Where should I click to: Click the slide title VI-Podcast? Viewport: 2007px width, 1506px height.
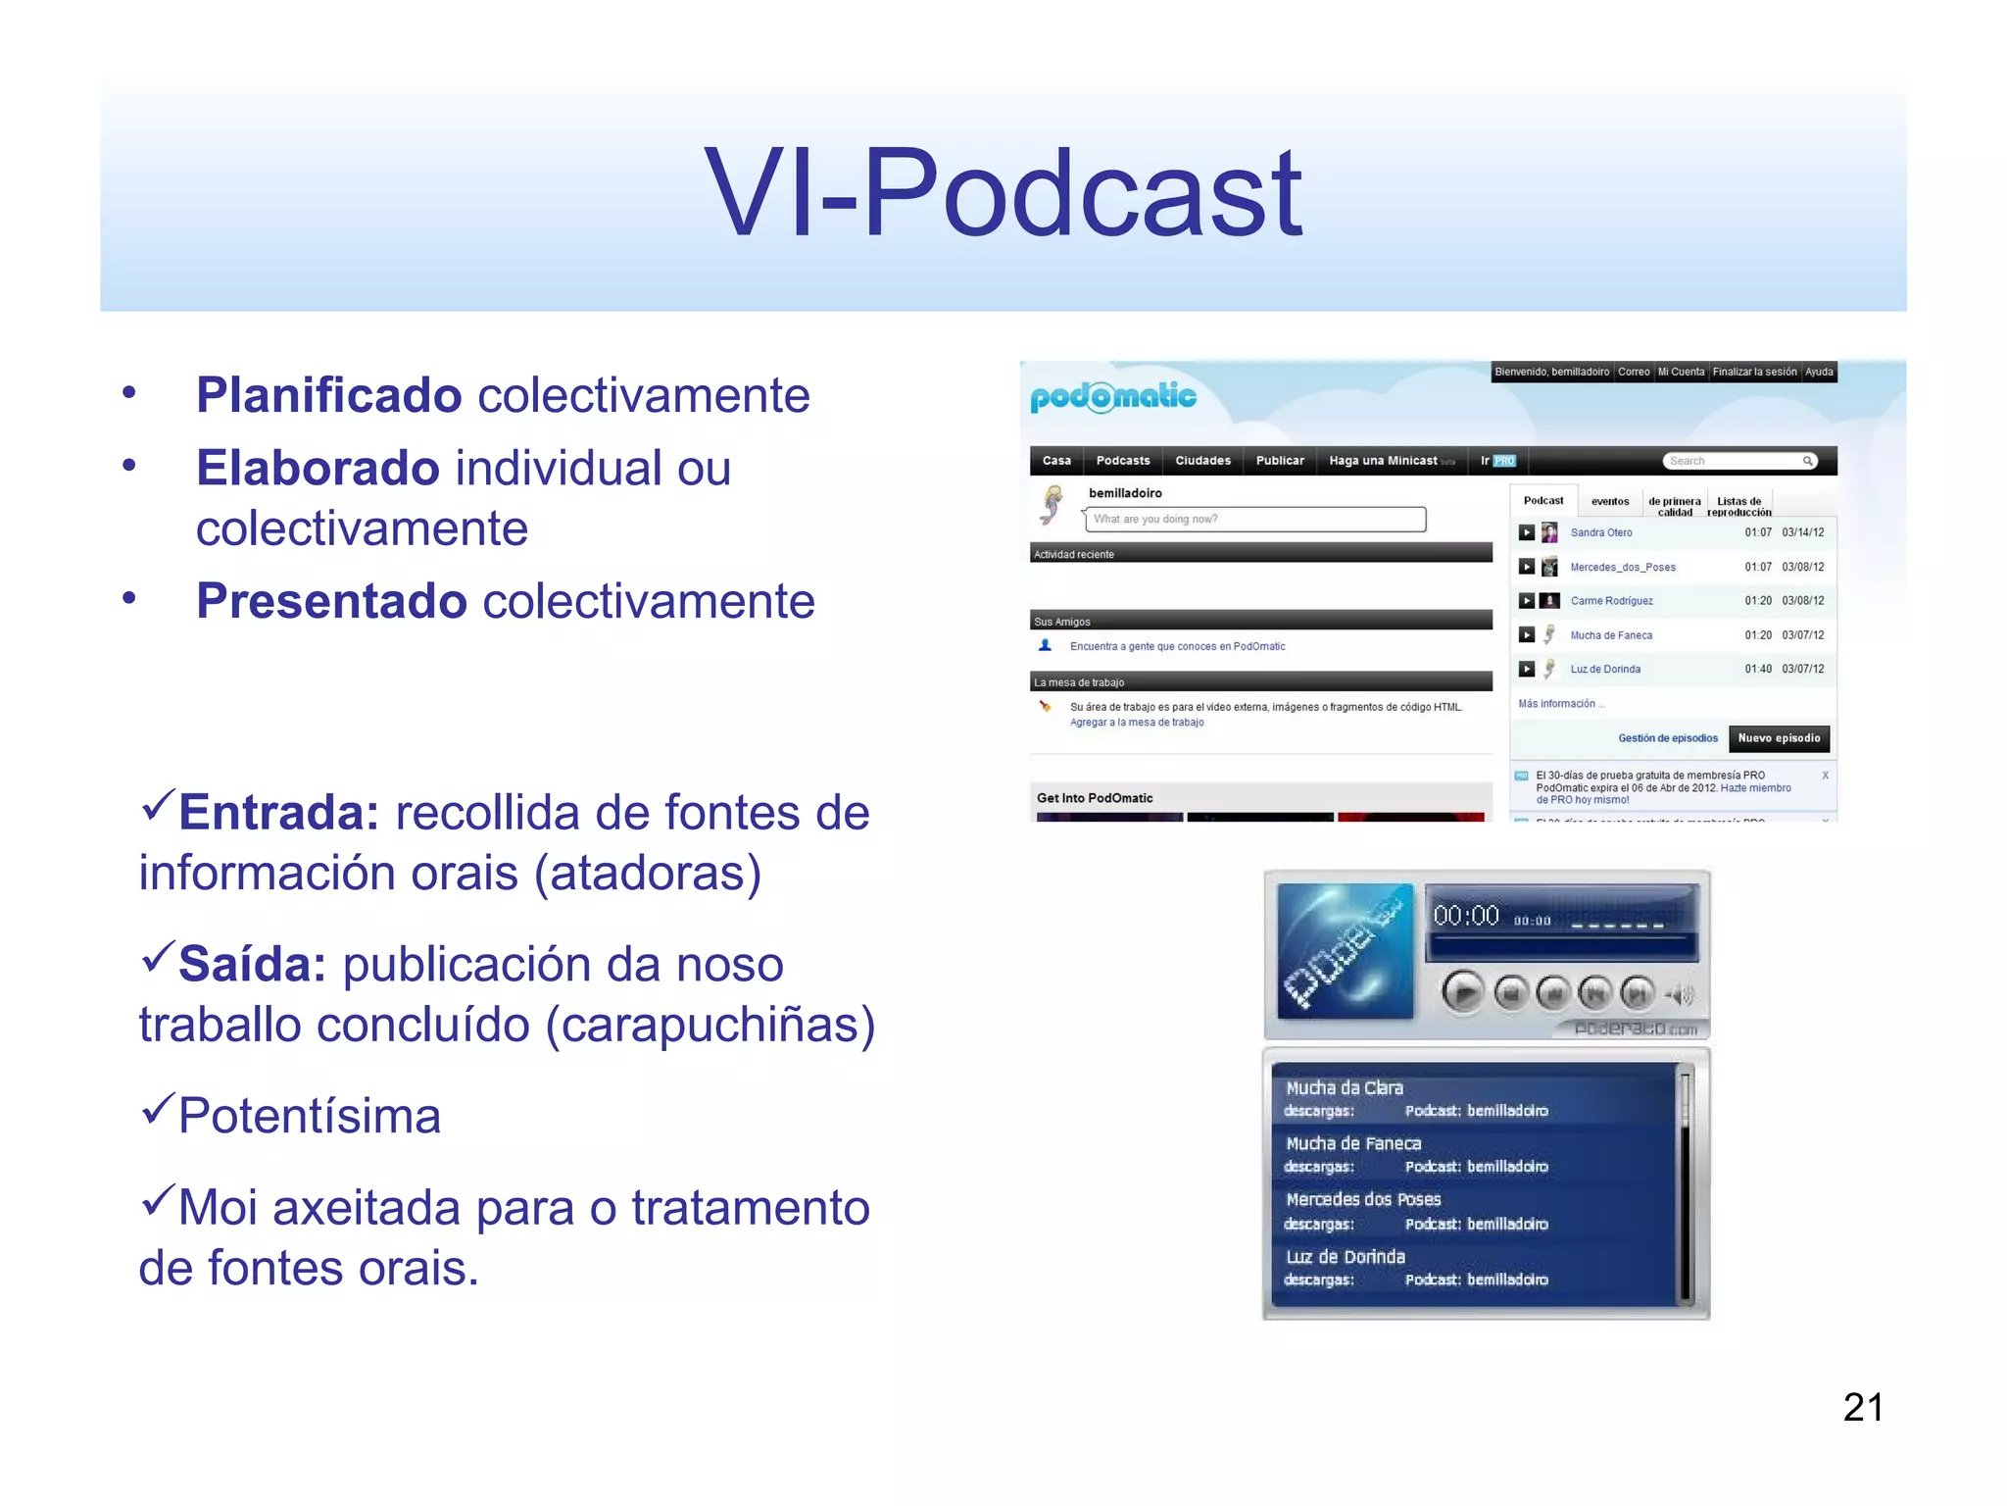1003,193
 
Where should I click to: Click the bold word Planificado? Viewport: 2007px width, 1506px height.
328,395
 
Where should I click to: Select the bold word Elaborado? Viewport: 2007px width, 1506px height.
317,468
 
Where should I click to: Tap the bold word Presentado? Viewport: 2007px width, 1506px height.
331,601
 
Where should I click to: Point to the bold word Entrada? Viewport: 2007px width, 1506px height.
278,813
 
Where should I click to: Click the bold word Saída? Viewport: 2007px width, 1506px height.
252,965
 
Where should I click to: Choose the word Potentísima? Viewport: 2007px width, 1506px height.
310,1117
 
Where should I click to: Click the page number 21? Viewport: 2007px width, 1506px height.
1862,1408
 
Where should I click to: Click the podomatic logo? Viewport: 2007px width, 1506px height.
1112,397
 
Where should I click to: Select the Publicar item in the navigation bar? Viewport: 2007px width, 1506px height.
1279,461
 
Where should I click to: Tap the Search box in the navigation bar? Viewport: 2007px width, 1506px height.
1738,461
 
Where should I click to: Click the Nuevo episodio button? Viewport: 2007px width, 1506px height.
1778,738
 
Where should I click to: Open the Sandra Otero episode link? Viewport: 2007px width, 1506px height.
1600,533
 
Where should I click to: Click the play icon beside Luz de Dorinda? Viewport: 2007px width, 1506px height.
1526,670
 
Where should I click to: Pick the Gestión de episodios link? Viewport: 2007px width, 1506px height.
1667,738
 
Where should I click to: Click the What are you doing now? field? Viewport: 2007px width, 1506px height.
1254,520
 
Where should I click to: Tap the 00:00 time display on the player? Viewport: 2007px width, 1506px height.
1466,917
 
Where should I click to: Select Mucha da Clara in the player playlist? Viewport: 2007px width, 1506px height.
1344,1088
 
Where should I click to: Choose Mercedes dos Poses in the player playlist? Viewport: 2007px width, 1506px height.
1363,1200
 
